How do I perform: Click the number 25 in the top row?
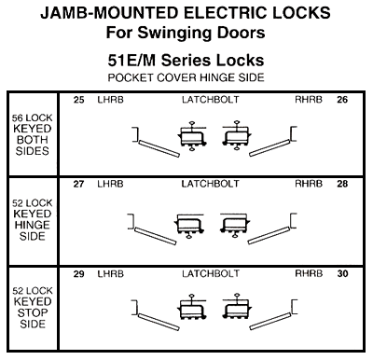coord(78,100)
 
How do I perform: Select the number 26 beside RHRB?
coord(342,100)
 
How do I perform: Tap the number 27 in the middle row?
coord(78,184)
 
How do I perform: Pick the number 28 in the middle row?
coord(342,184)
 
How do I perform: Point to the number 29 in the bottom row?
coord(78,274)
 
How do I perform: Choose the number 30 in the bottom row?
coord(342,274)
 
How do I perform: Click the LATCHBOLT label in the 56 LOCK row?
coord(211,100)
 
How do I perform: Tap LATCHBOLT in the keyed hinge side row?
coord(211,184)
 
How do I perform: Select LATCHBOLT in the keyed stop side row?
coord(211,274)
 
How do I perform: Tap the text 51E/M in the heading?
coord(131,61)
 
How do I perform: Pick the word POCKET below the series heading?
coord(131,77)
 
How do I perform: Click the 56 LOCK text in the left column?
coord(33,118)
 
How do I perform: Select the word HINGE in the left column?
coord(33,225)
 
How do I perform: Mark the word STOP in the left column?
coord(33,312)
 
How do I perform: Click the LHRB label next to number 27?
coord(110,184)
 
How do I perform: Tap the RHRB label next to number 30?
coord(309,274)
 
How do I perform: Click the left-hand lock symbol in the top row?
coord(192,136)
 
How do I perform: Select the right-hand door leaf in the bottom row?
coord(270,322)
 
